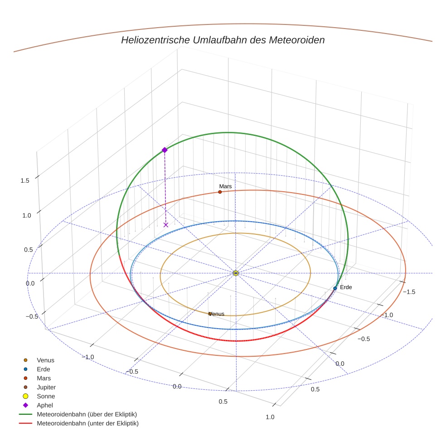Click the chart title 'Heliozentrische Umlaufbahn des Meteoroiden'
(x=223, y=40)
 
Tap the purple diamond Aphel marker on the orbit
(x=165, y=150)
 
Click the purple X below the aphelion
(x=166, y=225)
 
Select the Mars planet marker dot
(x=220, y=192)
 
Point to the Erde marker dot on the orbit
(x=335, y=288)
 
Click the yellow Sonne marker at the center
(x=236, y=273)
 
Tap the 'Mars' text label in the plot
(x=225, y=186)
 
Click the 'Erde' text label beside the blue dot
(x=346, y=287)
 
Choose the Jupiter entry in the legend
(x=46, y=387)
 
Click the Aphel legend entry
(x=44, y=405)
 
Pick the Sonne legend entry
(x=46, y=396)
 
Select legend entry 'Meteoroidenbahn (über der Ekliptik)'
(x=87, y=414)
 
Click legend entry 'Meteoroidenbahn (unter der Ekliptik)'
(x=87, y=423)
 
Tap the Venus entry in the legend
(x=45, y=360)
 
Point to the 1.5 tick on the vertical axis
(x=25, y=180)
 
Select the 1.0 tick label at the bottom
(x=270, y=417)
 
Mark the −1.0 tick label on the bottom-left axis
(x=88, y=357)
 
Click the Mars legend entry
(x=44, y=378)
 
